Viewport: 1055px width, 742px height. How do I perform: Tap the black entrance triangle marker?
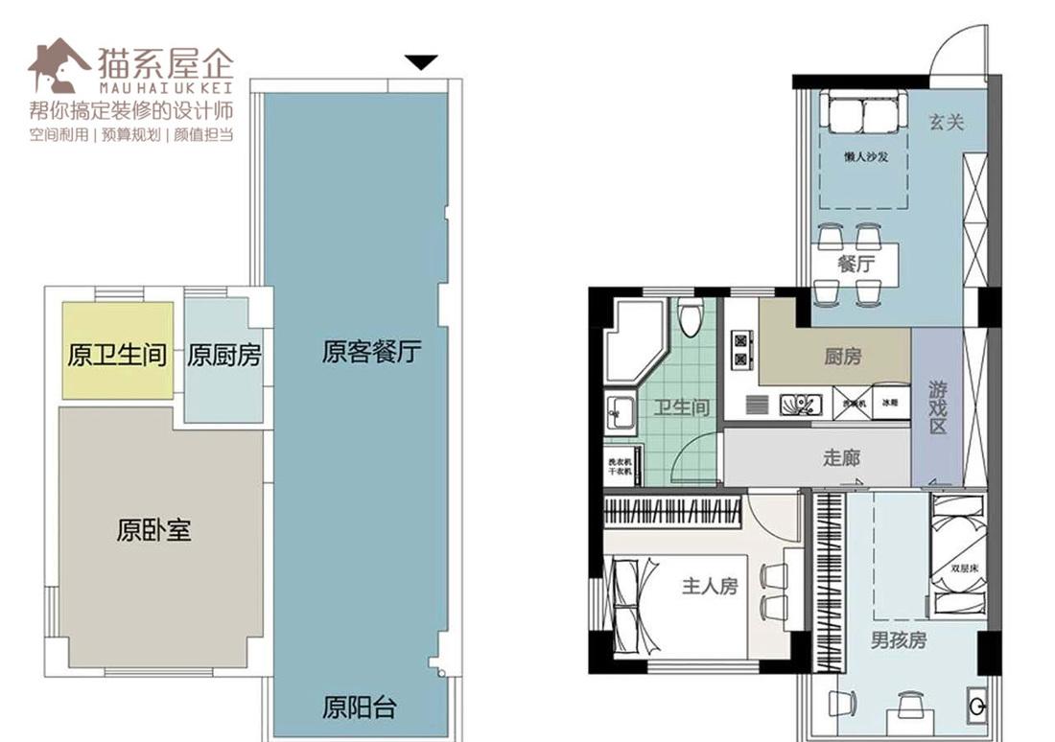click(420, 62)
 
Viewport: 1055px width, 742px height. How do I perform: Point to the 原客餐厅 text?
click(371, 353)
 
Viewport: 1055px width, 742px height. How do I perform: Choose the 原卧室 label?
click(153, 530)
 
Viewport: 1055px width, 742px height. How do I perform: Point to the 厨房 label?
click(842, 357)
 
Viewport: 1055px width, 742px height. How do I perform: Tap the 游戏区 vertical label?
click(937, 406)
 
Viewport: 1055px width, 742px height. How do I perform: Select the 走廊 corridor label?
click(841, 457)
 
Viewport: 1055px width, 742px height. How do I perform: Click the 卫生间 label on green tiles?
click(681, 407)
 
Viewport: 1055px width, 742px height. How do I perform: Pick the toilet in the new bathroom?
click(690, 316)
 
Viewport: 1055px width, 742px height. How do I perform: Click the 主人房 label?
click(710, 586)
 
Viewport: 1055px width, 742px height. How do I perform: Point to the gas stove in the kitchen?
click(740, 349)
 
